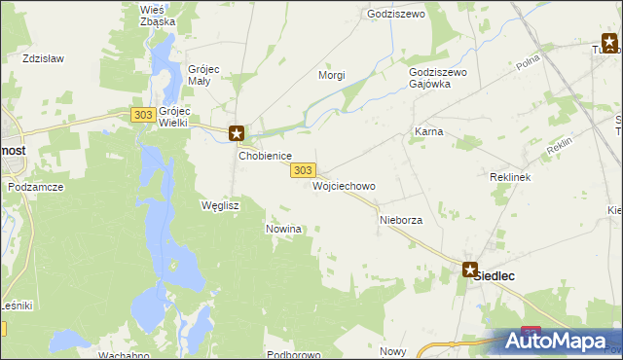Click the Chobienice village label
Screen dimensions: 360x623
pyautogui.click(x=260, y=155)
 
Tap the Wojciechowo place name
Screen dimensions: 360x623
pyautogui.click(x=344, y=185)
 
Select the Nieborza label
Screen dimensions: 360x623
pyautogui.click(x=400, y=221)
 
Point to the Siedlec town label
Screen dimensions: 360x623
pyautogui.click(x=494, y=275)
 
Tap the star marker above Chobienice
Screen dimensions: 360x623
pyautogui.click(x=236, y=132)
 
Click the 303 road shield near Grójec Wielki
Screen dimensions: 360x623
pyautogui.click(x=142, y=115)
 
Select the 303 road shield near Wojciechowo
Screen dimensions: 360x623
pyautogui.click(x=302, y=169)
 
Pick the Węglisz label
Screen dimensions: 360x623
pyautogui.click(x=219, y=206)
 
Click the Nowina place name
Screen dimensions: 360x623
pyautogui.click(x=284, y=229)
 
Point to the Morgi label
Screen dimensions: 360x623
pyautogui.click(x=332, y=75)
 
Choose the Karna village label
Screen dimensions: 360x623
pyautogui.click(x=429, y=130)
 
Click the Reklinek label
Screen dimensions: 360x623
pyautogui.click(x=508, y=178)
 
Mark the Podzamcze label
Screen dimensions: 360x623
pyautogui.click(x=35, y=186)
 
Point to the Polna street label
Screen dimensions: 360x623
pyautogui.click(x=529, y=63)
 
